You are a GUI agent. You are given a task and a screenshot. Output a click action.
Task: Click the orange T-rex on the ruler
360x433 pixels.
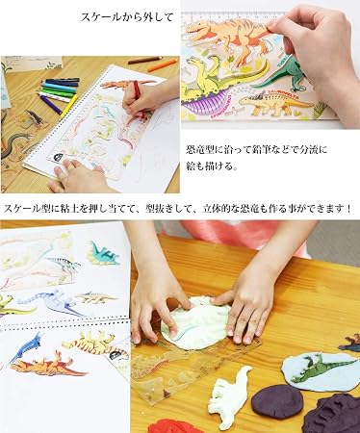(x=229, y=36)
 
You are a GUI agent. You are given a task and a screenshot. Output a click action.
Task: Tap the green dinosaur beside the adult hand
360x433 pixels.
(x=282, y=75)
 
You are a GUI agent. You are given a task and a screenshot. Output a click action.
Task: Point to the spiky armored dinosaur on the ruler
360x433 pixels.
(x=275, y=101)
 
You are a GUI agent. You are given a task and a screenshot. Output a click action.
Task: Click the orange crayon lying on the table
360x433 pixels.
(x=162, y=65)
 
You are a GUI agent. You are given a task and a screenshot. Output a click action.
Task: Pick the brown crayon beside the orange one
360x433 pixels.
(x=145, y=60)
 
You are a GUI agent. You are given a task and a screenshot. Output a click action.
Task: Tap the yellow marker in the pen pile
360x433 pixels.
(x=69, y=105)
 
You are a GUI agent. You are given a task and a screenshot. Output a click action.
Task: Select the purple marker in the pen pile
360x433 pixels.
(x=50, y=104)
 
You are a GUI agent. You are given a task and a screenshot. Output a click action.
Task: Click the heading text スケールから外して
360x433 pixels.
(x=127, y=17)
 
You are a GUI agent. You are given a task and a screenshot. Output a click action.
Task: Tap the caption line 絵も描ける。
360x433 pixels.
(x=212, y=166)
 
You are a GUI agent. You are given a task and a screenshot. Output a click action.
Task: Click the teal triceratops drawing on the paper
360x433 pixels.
(x=103, y=253)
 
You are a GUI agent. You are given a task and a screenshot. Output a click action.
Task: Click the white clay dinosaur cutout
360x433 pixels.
(x=229, y=394)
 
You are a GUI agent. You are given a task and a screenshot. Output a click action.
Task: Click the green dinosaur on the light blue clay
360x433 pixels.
(x=321, y=368)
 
